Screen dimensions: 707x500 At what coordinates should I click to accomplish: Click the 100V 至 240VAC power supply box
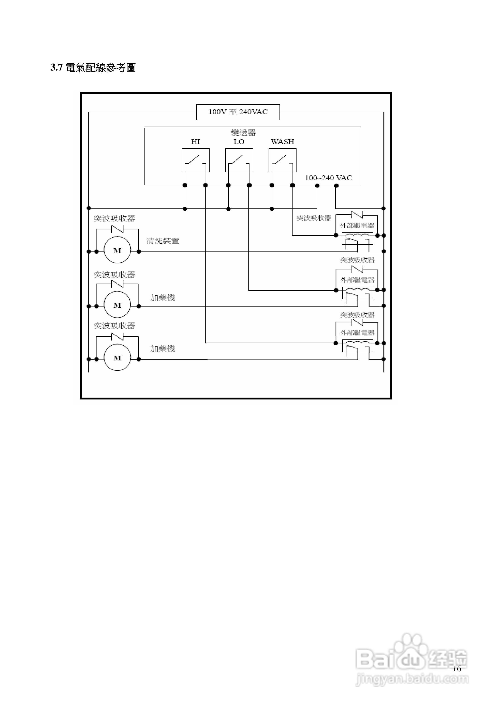point(238,112)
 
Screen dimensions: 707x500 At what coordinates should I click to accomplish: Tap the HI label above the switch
point(195,142)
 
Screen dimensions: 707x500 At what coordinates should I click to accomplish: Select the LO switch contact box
point(239,160)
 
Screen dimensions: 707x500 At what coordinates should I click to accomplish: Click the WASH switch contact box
point(282,160)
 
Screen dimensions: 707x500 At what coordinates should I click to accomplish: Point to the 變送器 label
point(243,133)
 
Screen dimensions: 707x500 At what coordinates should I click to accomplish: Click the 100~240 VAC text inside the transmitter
point(328,178)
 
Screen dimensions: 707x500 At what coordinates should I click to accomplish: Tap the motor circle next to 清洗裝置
point(117,251)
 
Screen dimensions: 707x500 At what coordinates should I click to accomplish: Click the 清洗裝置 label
point(163,241)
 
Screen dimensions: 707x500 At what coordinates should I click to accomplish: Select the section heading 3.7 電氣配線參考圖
point(93,68)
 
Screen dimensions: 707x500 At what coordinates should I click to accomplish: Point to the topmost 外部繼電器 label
point(357,226)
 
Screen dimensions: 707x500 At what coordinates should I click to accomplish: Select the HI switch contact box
point(195,160)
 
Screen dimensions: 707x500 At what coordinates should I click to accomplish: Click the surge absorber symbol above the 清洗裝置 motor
point(117,229)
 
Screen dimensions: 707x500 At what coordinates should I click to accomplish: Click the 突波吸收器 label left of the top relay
point(314,218)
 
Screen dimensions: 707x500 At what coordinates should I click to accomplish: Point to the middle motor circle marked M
point(117,305)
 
